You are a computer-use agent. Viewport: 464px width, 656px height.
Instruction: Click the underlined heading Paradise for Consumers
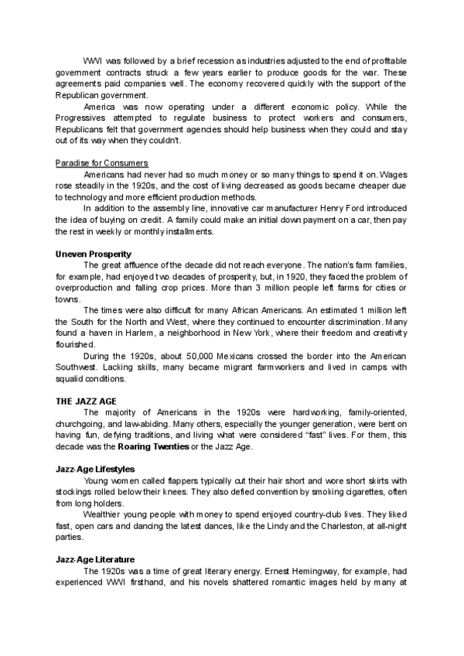tap(101, 163)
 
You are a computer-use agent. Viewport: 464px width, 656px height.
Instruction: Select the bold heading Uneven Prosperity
tap(94, 254)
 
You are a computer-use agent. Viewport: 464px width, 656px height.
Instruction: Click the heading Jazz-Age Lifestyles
tap(95, 469)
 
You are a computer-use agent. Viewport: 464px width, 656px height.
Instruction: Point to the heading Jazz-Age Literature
tap(95, 559)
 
